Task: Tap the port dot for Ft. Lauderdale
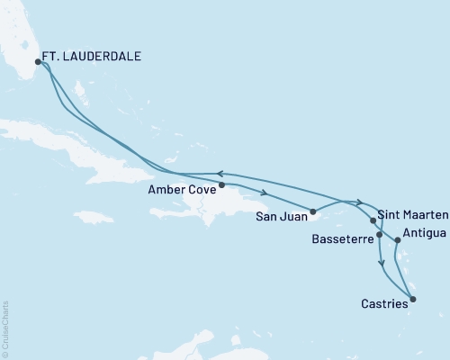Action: pyautogui.click(x=38, y=62)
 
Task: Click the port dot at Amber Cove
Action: pyautogui.click(x=222, y=184)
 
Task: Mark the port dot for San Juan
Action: pyautogui.click(x=313, y=212)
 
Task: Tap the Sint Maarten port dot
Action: pyautogui.click(x=373, y=220)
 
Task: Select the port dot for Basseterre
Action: pyautogui.click(x=380, y=235)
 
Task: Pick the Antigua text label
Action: pyautogui.click(x=424, y=234)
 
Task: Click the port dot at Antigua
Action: pyautogui.click(x=397, y=240)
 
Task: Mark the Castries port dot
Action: pyautogui.click(x=413, y=299)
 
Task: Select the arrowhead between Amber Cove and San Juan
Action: pyautogui.click(x=264, y=193)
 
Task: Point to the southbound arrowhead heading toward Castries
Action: pyautogui.click(x=384, y=265)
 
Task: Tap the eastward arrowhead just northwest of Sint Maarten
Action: pyautogui.click(x=360, y=202)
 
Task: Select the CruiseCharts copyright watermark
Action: pyautogui.click(x=5, y=328)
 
